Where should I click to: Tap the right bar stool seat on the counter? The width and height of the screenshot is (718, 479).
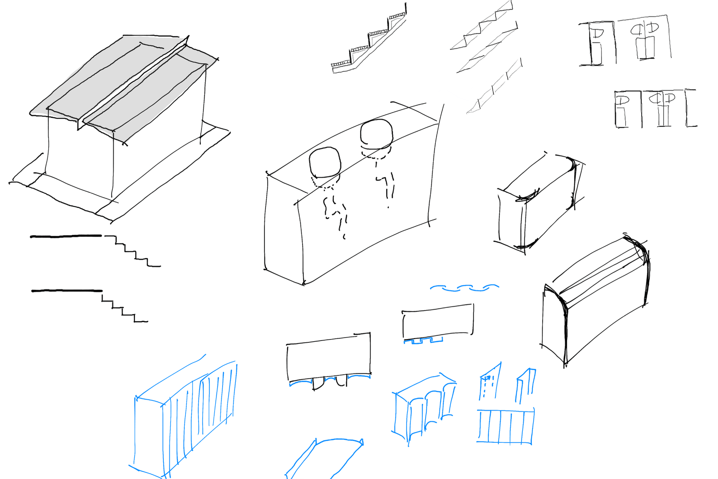(x=376, y=134)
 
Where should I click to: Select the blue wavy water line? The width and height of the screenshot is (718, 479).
(x=464, y=288)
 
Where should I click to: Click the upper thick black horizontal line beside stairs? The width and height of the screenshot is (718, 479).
(x=65, y=236)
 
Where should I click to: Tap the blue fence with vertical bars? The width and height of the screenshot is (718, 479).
(x=505, y=427)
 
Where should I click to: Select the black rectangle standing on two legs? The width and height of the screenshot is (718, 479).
(x=328, y=357)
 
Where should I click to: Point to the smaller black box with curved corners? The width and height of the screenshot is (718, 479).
(x=538, y=202)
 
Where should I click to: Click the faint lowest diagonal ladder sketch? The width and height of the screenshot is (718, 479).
(x=494, y=88)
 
